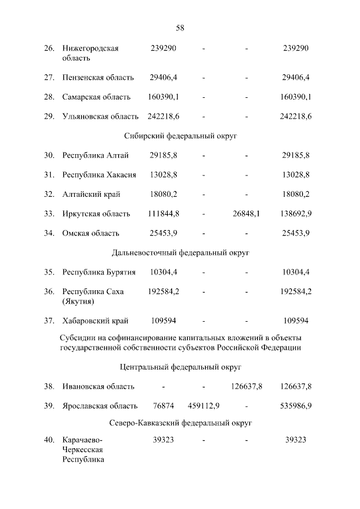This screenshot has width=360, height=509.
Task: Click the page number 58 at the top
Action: point(180,28)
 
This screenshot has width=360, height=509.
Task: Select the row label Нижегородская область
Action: point(90,53)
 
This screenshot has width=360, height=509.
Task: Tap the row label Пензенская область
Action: point(98,77)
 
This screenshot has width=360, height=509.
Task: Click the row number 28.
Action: point(49,97)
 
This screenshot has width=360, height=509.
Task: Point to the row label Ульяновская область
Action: point(100,116)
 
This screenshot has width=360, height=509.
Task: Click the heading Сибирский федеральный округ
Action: point(180,136)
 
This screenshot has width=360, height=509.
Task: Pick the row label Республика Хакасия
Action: point(99,175)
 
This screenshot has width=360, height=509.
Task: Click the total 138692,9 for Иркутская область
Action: point(296,214)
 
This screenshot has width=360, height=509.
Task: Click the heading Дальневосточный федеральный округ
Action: point(180,253)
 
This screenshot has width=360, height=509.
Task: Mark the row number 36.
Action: point(49,292)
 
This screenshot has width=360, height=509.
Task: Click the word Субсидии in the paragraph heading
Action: point(76,337)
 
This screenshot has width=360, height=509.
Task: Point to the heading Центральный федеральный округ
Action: point(180,367)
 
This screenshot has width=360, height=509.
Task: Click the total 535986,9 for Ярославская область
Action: point(296,406)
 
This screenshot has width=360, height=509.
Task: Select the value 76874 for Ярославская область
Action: point(163,406)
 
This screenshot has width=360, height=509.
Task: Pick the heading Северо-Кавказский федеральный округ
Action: point(180,421)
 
